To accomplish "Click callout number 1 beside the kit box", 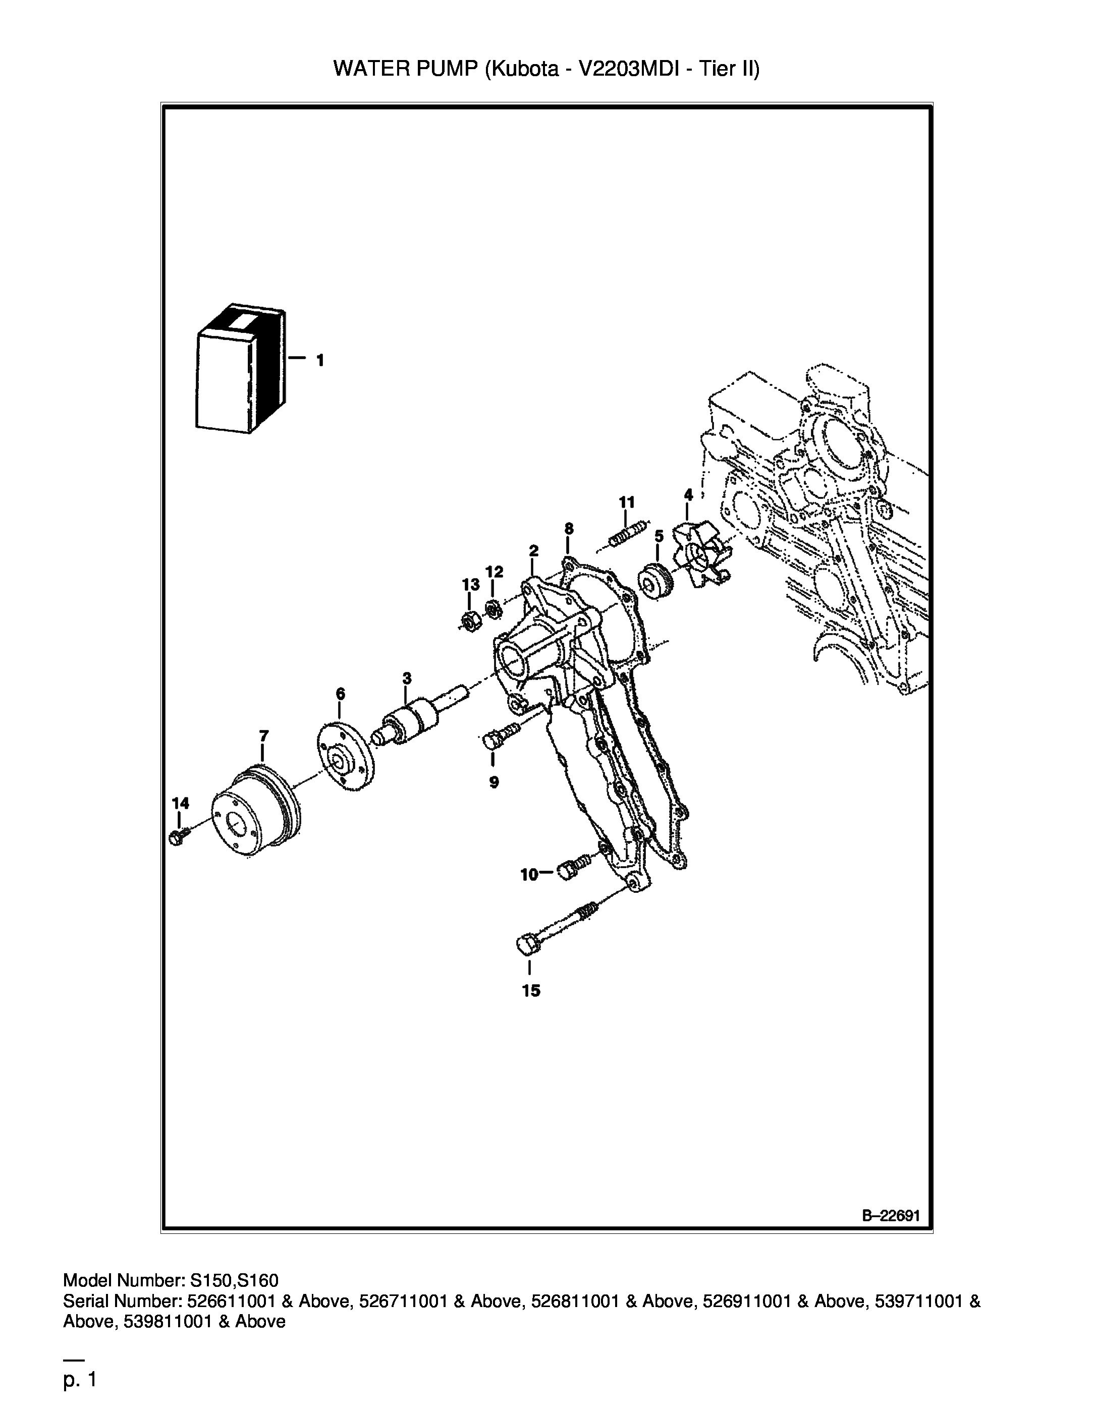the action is click(x=319, y=360).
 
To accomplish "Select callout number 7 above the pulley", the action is click(x=263, y=736).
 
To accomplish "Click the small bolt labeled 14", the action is click(x=178, y=836).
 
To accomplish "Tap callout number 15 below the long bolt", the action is click(x=531, y=991).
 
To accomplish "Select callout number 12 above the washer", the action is click(x=494, y=572).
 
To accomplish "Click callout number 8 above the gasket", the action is click(x=568, y=529).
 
